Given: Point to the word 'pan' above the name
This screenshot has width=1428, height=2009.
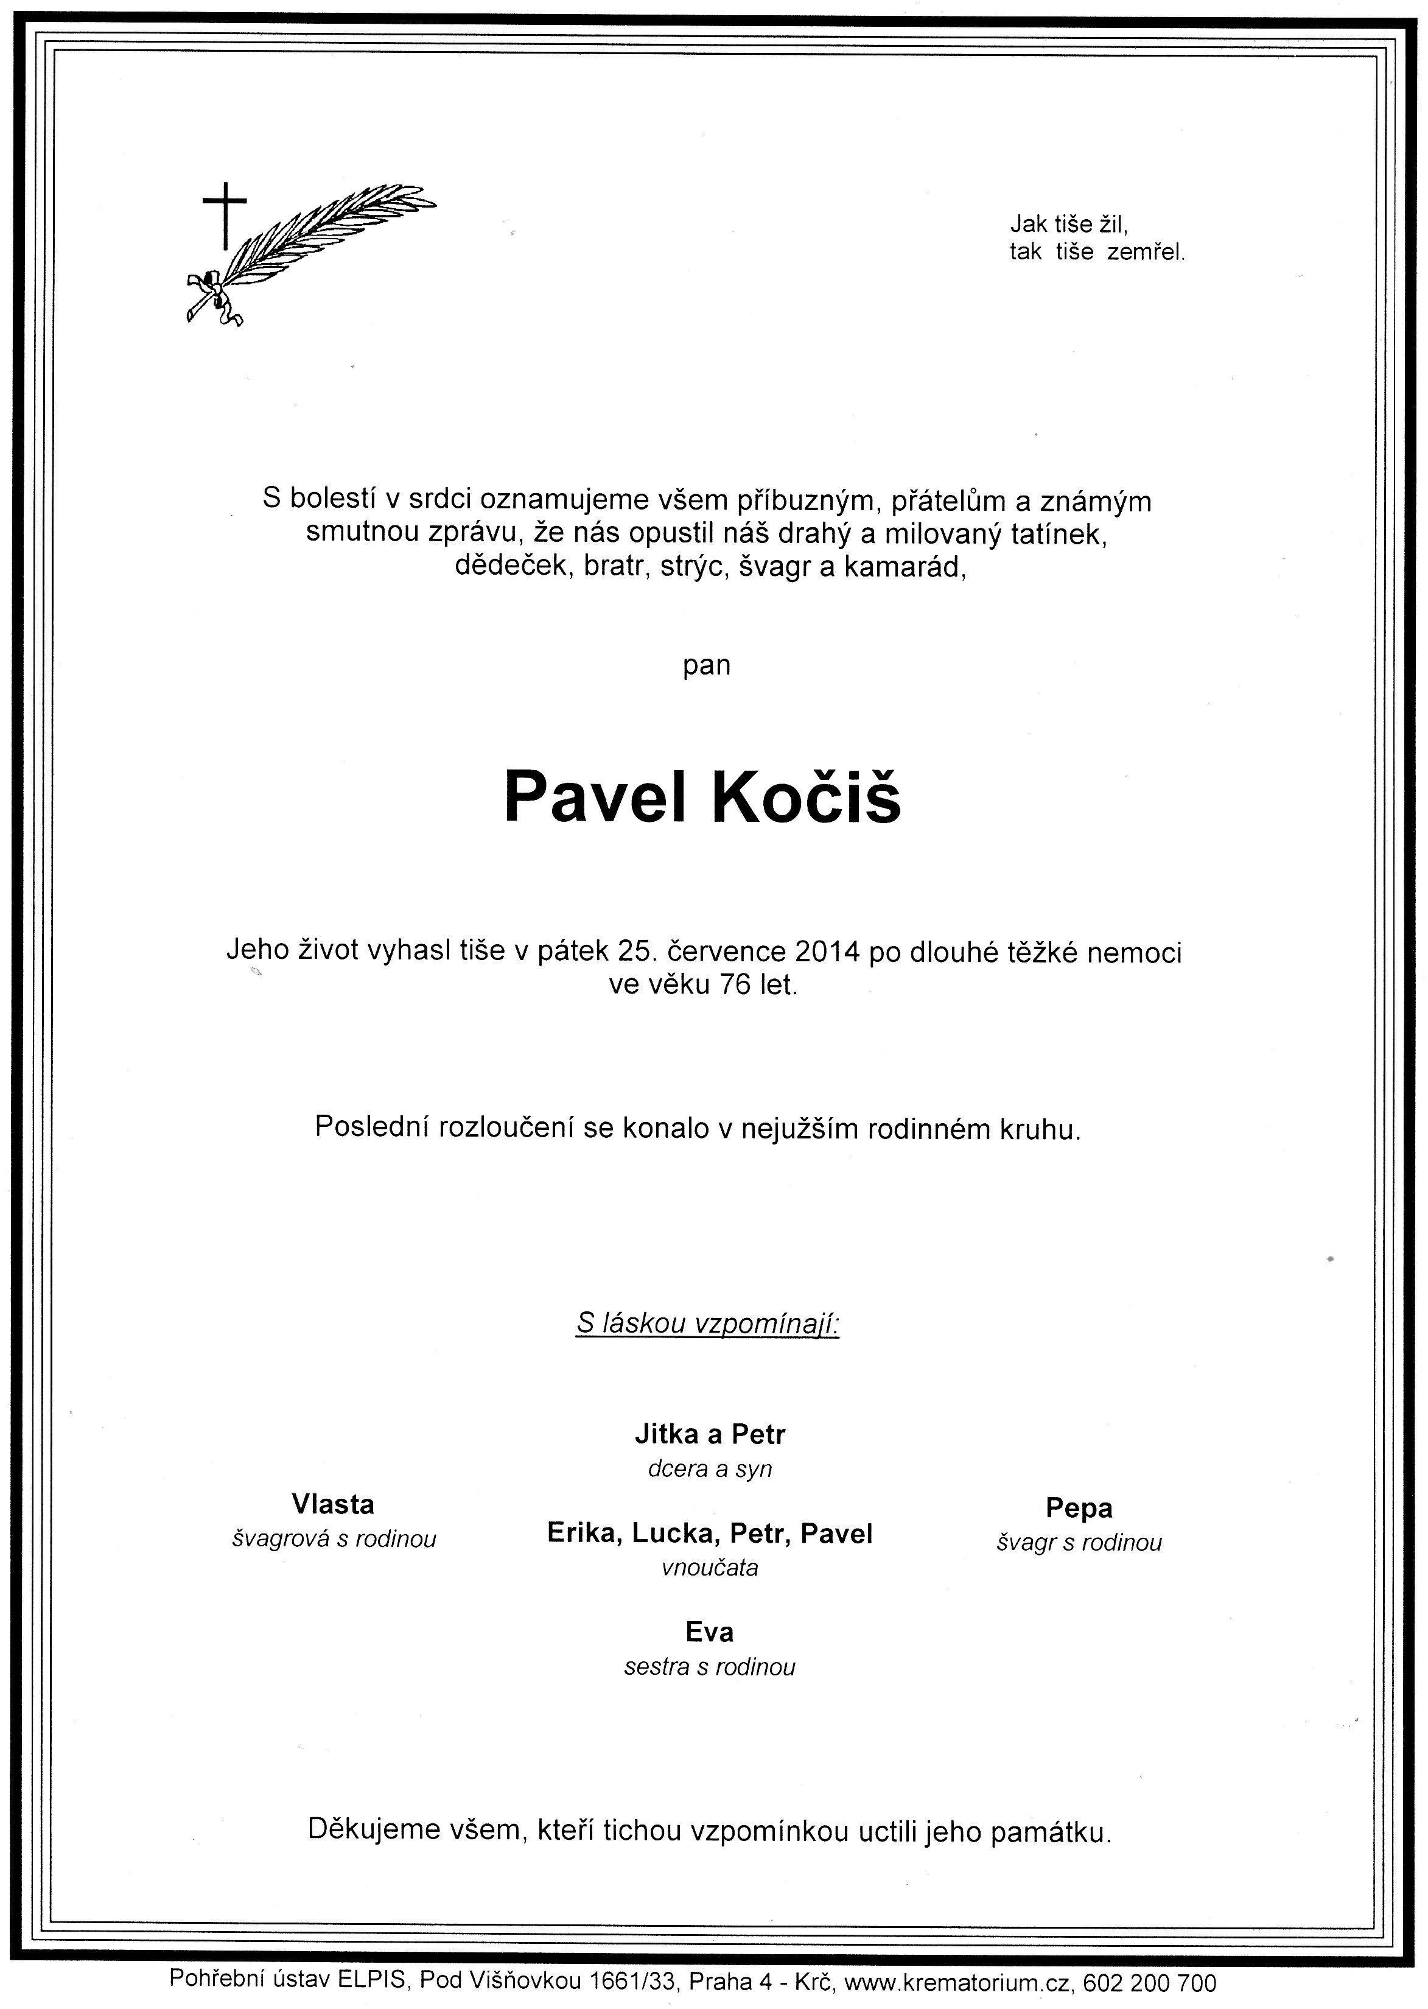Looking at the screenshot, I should [x=706, y=665].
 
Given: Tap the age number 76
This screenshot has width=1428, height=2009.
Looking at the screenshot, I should [x=734, y=985].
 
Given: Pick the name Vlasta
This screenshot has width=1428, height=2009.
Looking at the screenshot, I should [x=333, y=1504].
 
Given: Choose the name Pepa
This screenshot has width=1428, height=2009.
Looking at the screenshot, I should [x=1079, y=1508].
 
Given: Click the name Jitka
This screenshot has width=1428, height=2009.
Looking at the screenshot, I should [x=667, y=1434].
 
